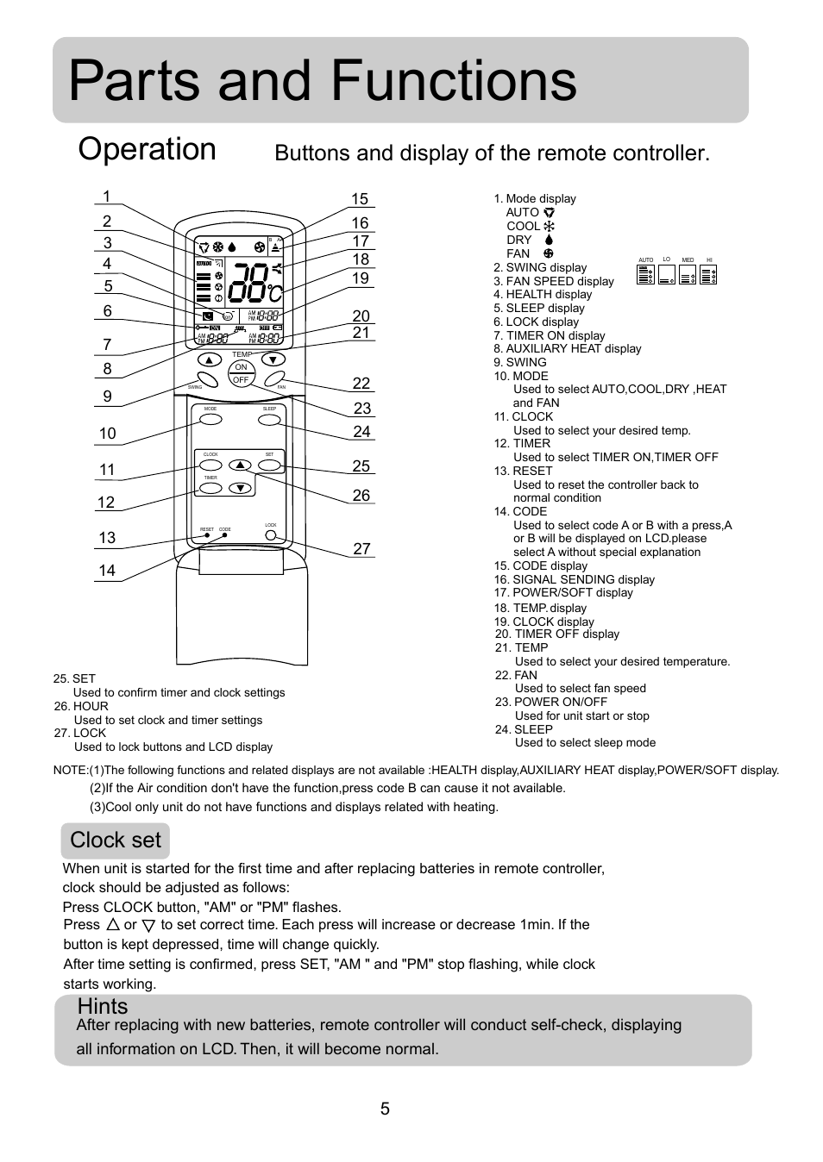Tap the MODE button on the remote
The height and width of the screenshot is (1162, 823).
(210, 420)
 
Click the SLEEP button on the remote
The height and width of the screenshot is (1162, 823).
(270, 420)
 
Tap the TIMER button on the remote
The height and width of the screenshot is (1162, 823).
(210, 488)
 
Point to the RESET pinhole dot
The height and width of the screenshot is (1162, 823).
(207, 535)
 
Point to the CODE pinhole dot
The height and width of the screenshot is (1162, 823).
(225, 535)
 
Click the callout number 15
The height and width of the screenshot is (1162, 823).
(359, 199)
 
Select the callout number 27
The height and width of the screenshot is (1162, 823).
(361, 548)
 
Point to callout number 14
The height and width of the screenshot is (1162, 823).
(107, 571)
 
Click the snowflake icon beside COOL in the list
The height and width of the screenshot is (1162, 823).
(549, 226)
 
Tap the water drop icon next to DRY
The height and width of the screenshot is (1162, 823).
(549, 240)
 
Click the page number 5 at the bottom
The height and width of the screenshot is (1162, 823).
(385, 1109)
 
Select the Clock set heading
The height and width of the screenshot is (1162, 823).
(116, 840)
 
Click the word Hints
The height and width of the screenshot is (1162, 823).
(103, 1006)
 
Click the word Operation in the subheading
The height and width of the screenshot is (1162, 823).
(147, 149)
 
